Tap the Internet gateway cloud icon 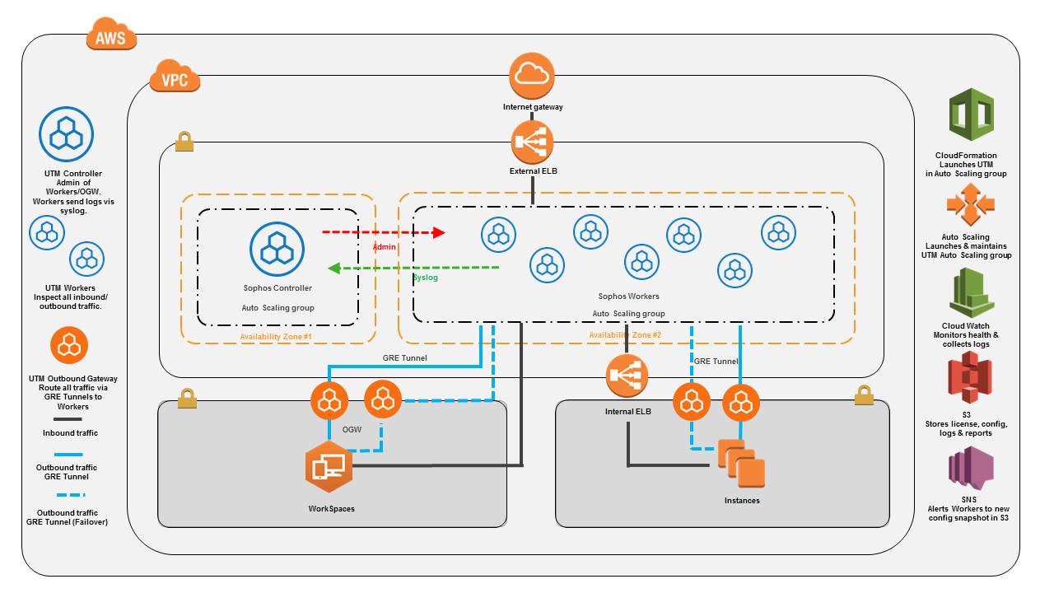[x=533, y=75]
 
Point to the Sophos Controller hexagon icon [x=277, y=249]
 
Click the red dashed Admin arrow [x=382, y=233]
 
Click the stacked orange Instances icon [x=741, y=465]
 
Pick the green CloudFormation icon [x=972, y=117]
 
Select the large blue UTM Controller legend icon [x=67, y=134]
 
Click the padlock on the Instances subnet [x=863, y=395]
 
